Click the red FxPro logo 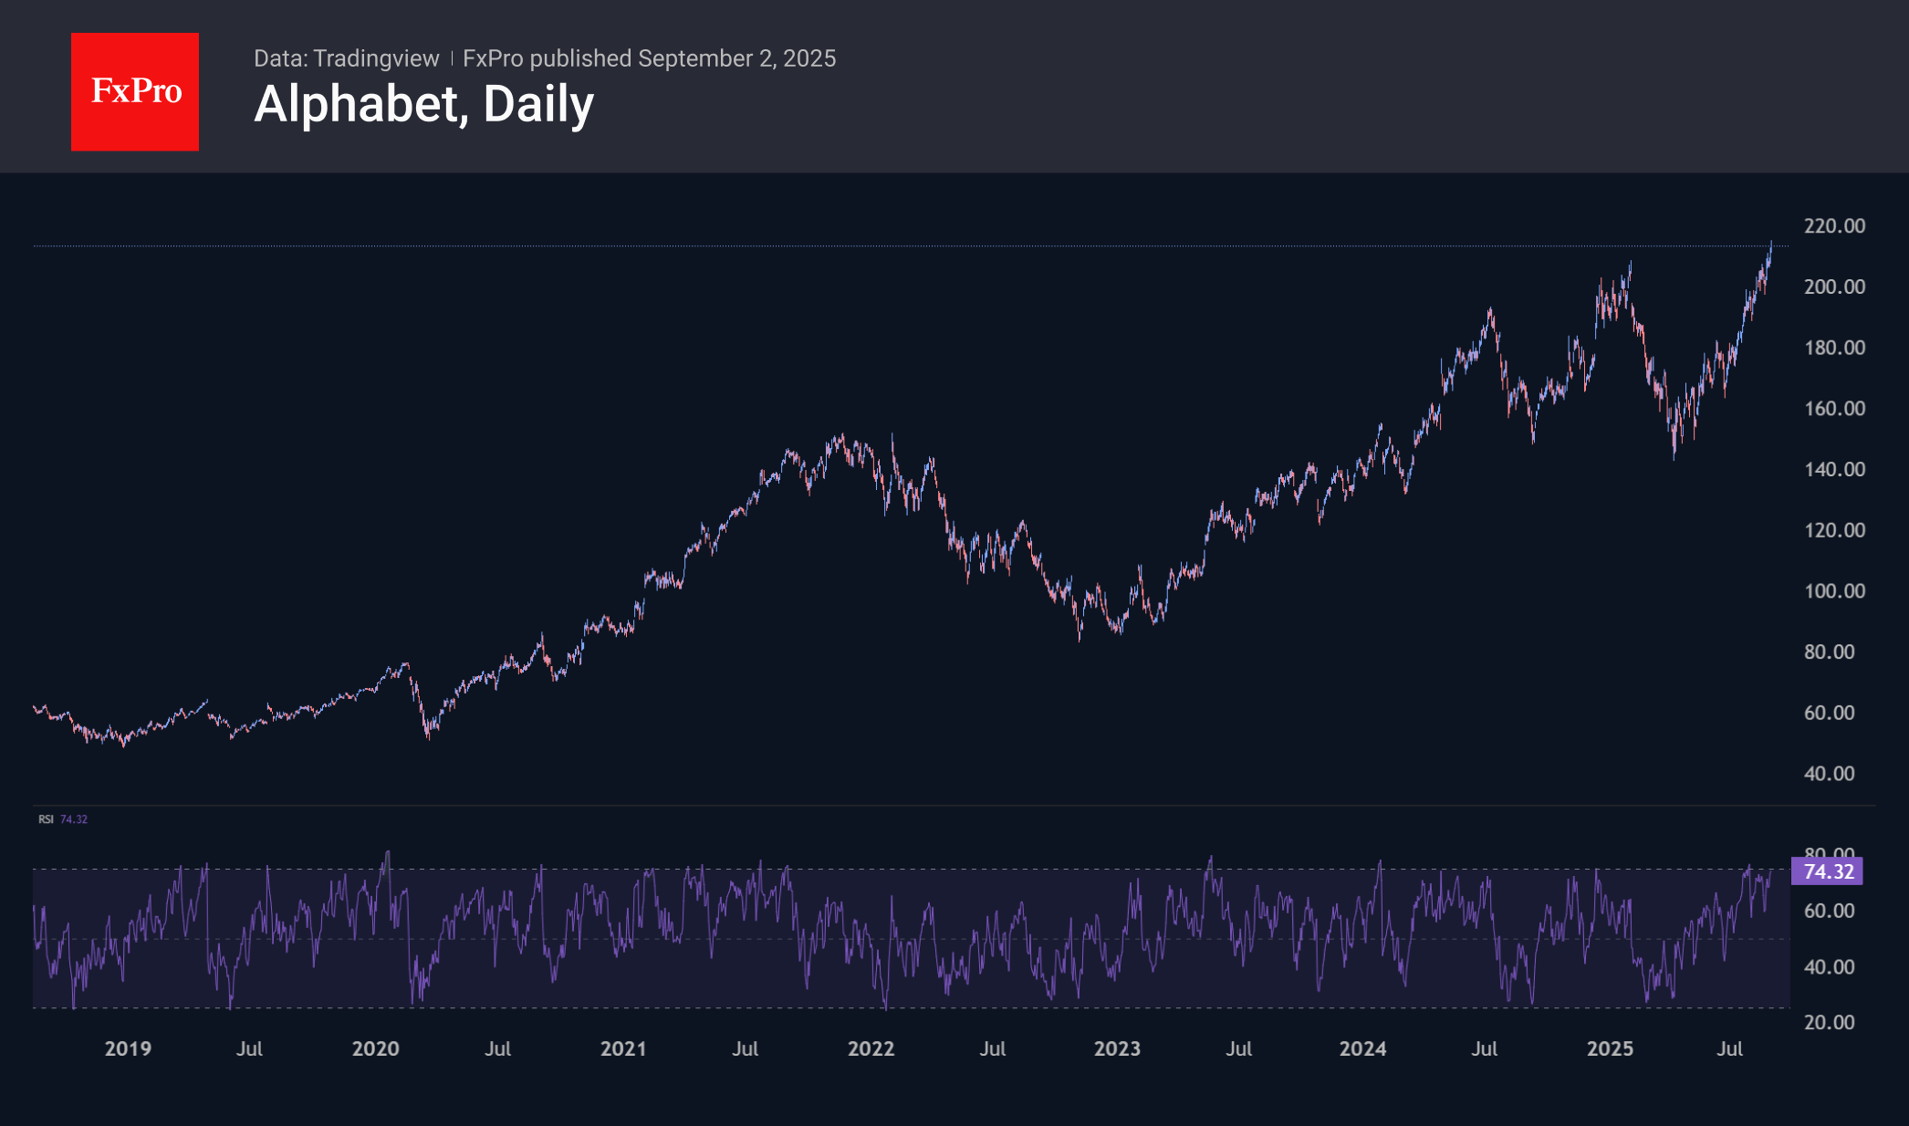tap(135, 91)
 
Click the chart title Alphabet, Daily tap(423, 104)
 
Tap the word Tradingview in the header tap(376, 58)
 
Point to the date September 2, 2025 tap(736, 58)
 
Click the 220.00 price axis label tap(1834, 225)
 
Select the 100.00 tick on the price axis tap(1834, 590)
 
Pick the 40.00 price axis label tap(1829, 773)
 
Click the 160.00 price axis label tap(1834, 408)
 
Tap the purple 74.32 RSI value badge tap(1828, 871)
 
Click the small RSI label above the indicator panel tap(46, 819)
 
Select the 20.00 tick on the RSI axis tap(1829, 1022)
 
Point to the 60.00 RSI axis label tap(1829, 911)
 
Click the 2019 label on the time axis tap(128, 1048)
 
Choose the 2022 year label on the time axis tap(871, 1048)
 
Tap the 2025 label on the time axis tap(1610, 1048)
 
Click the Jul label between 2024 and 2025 tap(1484, 1048)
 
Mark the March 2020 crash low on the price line tap(428, 735)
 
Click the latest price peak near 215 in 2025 tap(1771, 244)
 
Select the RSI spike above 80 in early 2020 tap(388, 853)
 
